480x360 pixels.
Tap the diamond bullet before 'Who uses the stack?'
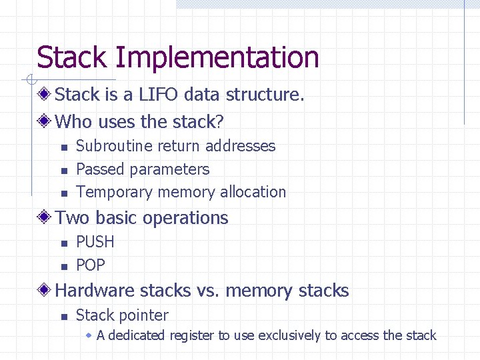click(x=45, y=121)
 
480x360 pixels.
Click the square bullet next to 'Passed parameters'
click(x=63, y=171)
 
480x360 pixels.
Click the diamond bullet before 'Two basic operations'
click(x=45, y=218)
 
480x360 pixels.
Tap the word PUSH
click(x=95, y=242)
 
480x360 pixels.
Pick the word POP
click(x=91, y=265)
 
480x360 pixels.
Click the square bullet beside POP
click(x=63, y=267)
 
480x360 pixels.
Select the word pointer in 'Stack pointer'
click(x=147, y=315)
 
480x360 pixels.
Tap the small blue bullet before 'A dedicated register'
click(x=89, y=335)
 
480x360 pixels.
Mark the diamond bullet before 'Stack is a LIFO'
click(x=45, y=94)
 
